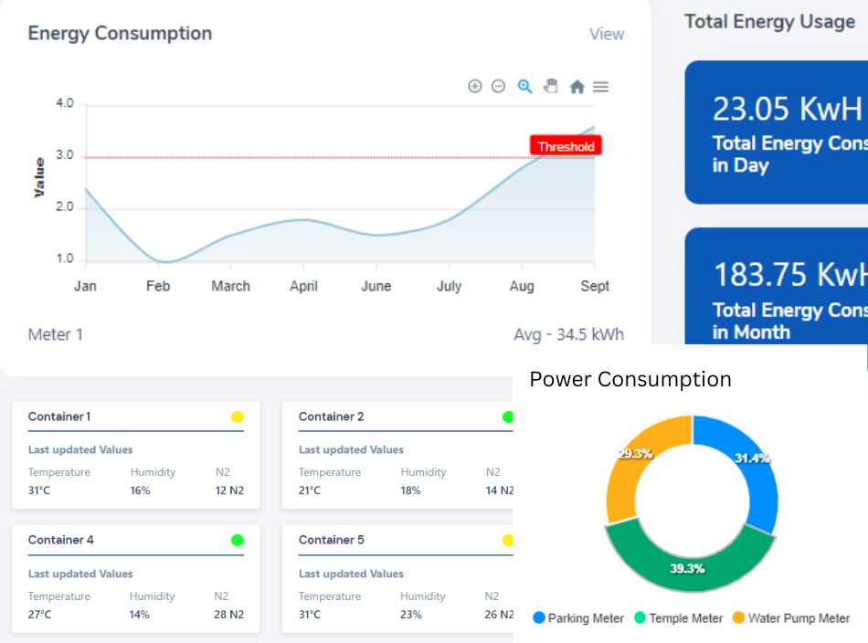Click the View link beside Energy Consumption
(607, 35)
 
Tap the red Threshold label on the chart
(566, 146)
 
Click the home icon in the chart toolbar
(577, 87)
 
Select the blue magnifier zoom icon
(524, 87)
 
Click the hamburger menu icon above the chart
(600, 87)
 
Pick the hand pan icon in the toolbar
(550, 86)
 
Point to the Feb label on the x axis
(158, 286)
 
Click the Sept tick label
(595, 286)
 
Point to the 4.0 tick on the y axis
(65, 103)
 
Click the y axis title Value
(38, 177)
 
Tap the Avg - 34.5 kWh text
(568, 334)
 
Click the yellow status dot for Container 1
(238, 416)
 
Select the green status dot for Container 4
(238, 540)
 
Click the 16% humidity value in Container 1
(140, 490)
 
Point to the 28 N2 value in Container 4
(228, 614)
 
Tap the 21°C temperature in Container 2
(310, 490)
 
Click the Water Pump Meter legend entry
(791, 618)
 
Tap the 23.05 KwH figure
(787, 109)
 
